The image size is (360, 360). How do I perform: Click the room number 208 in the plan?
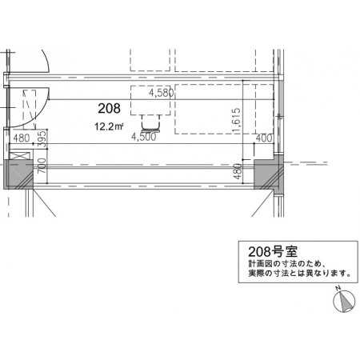click(x=109, y=108)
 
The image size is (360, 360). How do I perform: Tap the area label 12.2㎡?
click(x=109, y=126)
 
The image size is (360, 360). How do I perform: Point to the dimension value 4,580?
click(x=162, y=93)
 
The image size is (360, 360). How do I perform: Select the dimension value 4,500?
click(x=143, y=137)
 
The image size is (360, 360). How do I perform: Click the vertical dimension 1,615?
click(x=237, y=120)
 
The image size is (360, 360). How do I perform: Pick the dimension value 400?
click(x=264, y=138)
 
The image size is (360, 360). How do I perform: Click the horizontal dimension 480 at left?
click(x=22, y=138)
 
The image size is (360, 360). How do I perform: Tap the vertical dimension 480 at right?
click(x=238, y=171)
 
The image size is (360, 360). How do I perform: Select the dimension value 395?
click(x=42, y=138)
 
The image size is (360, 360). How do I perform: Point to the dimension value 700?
click(x=42, y=166)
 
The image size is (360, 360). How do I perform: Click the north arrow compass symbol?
click(x=344, y=302)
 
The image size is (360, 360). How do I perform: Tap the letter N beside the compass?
click(x=338, y=288)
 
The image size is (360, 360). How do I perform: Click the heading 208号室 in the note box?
click(x=273, y=251)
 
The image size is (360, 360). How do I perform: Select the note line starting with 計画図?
click(x=286, y=264)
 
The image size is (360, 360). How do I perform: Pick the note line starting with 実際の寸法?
click(x=299, y=274)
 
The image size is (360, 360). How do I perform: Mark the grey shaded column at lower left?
click(x=18, y=174)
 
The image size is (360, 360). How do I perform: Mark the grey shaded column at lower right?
click(x=268, y=173)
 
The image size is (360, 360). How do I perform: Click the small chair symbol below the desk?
click(x=151, y=124)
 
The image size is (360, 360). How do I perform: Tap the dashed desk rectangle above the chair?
click(x=150, y=101)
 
